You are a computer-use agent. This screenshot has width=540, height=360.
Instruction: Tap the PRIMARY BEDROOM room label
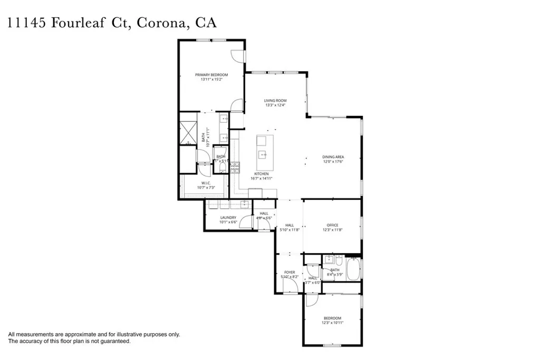[211, 75]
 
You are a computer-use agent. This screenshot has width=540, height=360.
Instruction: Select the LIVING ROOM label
[275, 100]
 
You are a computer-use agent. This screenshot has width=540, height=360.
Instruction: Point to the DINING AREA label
[333, 157]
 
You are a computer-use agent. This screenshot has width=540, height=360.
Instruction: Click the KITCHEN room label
[262, 173]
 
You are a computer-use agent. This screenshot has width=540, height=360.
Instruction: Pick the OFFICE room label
[332, 225]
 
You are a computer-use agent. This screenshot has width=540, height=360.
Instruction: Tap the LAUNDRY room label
[228, 217]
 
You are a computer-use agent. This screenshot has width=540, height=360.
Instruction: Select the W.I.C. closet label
[206, 183]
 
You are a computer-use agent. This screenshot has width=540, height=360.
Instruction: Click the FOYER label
[290, 272]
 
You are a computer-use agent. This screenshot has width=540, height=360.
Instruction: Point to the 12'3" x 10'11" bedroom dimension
[332, 323]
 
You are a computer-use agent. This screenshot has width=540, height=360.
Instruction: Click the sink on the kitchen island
[262, 154]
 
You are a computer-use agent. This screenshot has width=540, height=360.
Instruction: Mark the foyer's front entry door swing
[289, 286]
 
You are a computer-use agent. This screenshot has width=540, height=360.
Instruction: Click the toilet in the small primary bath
[222, 168]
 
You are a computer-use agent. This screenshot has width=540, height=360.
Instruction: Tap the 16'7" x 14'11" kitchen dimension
[262, 179]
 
